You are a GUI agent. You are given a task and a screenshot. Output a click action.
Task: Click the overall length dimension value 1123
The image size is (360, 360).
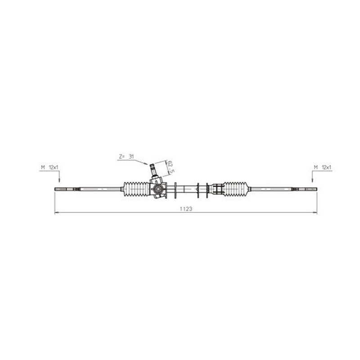pyautogui.click(x=186, y=209)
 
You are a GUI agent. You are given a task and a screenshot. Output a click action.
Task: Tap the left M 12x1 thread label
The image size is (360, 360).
pyautogui.click(x=49, y=167)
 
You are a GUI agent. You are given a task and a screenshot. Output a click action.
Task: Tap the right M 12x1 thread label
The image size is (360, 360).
pyautogui.click(x=323, y=167)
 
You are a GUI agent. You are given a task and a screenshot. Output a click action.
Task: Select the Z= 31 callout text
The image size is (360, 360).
pyautogui.click(x=126, y=157)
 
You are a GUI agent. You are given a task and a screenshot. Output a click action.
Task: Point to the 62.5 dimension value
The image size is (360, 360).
pyautogui.click(x=170, y=166)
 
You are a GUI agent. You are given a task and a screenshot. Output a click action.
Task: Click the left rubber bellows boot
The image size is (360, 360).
pyautogui.click(x=137, y=189)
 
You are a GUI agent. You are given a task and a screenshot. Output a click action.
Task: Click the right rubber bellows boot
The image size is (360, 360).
pyautogui.click(x=235, y=189)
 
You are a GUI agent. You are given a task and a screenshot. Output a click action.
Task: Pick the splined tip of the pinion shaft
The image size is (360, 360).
pyautogui.click(x=152, y=165)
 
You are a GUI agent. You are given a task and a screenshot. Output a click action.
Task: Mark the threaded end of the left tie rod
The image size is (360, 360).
pyautogui.click(x=61, y=189)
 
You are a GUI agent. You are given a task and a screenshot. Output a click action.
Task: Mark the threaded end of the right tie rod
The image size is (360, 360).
pyautogui.click(x=311, y=189)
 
